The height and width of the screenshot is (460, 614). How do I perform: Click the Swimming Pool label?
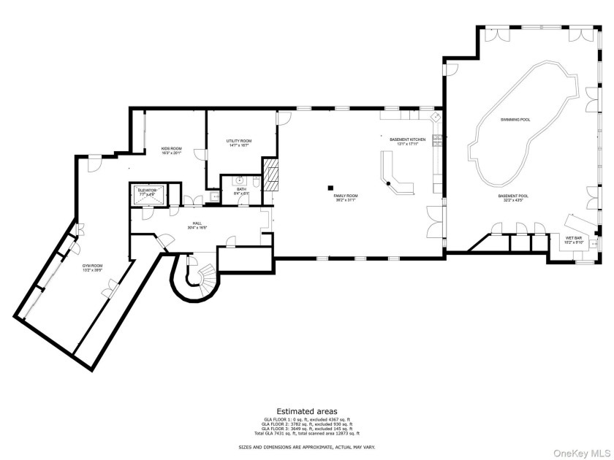pos(515,119)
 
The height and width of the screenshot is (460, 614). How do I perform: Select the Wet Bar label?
pos(573,239)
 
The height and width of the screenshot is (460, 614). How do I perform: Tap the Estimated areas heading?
pos(306,411)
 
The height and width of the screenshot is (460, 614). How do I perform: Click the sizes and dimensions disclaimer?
pos(306,446)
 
